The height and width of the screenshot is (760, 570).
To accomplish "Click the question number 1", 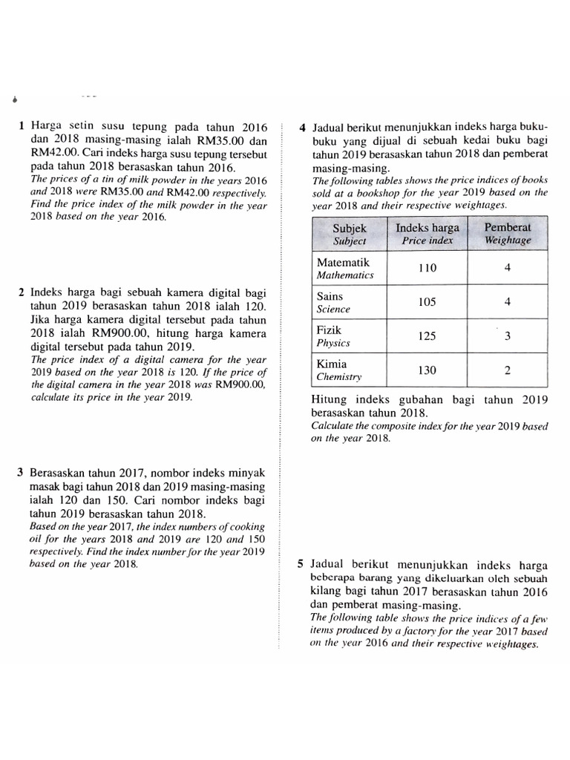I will click(22, 127).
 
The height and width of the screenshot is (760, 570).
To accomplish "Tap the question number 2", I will click(22, 292).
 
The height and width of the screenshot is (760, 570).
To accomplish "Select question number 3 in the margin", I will click(22, 473).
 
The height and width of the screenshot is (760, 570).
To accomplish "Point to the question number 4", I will click(303, 128).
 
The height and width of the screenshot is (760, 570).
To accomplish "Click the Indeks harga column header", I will click(427, 234).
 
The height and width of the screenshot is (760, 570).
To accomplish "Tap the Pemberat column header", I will click(508, 234).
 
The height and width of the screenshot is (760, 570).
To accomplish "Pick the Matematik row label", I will click(342, 263).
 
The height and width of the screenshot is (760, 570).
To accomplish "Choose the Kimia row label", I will click(332, 364).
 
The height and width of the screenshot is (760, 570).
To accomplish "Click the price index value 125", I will click(427, 336).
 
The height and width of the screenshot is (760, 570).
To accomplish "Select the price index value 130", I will click(427, 370).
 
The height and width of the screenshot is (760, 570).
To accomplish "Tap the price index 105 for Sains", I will click(427, 302).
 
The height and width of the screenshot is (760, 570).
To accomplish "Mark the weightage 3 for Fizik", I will click(508, 336).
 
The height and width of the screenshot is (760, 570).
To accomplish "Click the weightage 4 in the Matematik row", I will click(508, 269).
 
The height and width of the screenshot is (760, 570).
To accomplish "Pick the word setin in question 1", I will click(79, 127).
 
